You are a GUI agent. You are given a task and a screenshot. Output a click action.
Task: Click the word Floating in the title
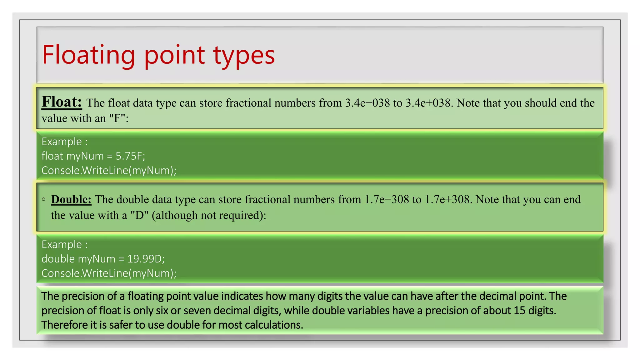coord(88,55)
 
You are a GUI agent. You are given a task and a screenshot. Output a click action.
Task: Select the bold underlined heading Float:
coord(62,102)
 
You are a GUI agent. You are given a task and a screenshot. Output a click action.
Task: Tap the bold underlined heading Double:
coord(71,199)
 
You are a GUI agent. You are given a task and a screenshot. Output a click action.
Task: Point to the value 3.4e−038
coord(367,103)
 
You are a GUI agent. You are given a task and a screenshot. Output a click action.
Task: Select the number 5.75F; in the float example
coord(130,156)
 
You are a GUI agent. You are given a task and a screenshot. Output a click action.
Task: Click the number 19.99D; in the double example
coord(146,259)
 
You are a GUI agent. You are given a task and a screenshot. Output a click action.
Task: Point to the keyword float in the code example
coord(52,156)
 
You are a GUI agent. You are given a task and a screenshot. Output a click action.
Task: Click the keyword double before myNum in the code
coord(58,259)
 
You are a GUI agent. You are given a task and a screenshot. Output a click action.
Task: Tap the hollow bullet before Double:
coord(44,199)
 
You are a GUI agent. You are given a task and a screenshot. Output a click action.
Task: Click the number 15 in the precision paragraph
coord(519,311)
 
